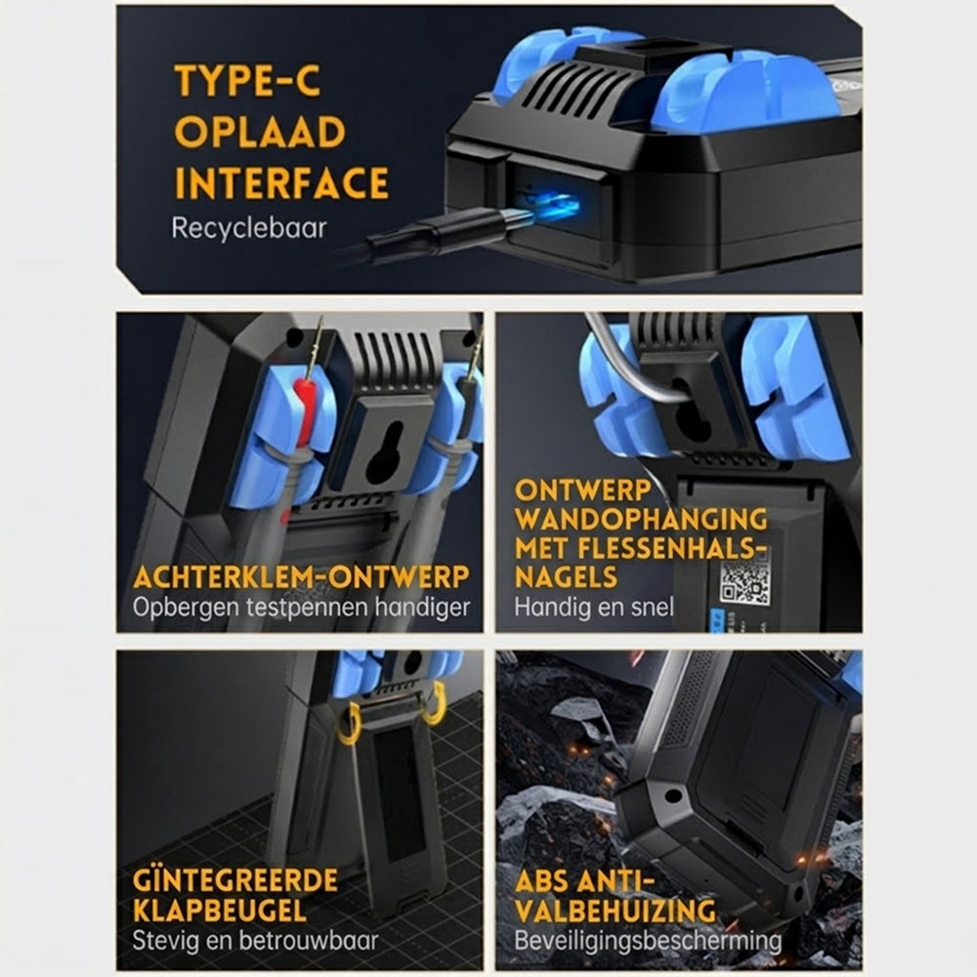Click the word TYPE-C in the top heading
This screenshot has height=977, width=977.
(247, 80)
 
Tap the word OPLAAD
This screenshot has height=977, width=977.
(260, 132)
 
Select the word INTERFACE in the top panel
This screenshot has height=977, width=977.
(281, 183)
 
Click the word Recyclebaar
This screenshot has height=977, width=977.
(248, 228)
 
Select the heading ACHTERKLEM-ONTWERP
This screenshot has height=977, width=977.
(301, 577)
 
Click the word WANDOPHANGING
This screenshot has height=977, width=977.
(641, 519)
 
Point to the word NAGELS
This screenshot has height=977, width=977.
(566, 577)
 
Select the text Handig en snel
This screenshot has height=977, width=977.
(594, 608)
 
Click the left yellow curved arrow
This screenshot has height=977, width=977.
(349, 723)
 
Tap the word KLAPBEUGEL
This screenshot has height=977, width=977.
(220, 911)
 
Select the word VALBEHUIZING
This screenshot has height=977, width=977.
(616, 911)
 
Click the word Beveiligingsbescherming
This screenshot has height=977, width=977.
(648, 940)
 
